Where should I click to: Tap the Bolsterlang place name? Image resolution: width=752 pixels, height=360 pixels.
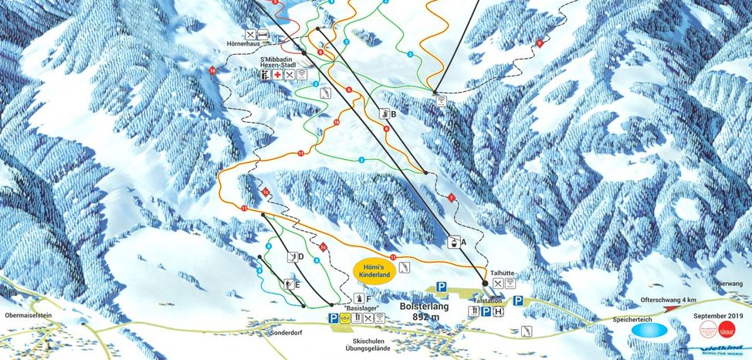click(x=422, y=306)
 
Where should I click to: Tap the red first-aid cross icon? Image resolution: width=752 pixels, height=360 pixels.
click(x=276, y=76)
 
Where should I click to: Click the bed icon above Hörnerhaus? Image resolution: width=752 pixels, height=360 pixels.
click(x=263, y=34)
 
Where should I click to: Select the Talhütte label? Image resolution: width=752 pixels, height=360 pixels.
click(x=502, y=273)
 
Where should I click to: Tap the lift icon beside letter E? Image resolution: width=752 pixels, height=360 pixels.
click(x=288, y=284)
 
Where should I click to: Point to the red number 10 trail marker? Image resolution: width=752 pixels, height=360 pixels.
click(x=212, y=71)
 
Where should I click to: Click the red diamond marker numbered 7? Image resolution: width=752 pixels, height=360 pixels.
click(x=451, y=197)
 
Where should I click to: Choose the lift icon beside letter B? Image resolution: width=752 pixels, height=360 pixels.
click(x=383, y=114)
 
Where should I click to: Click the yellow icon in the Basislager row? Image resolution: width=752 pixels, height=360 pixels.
click(x=345, y=318)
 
